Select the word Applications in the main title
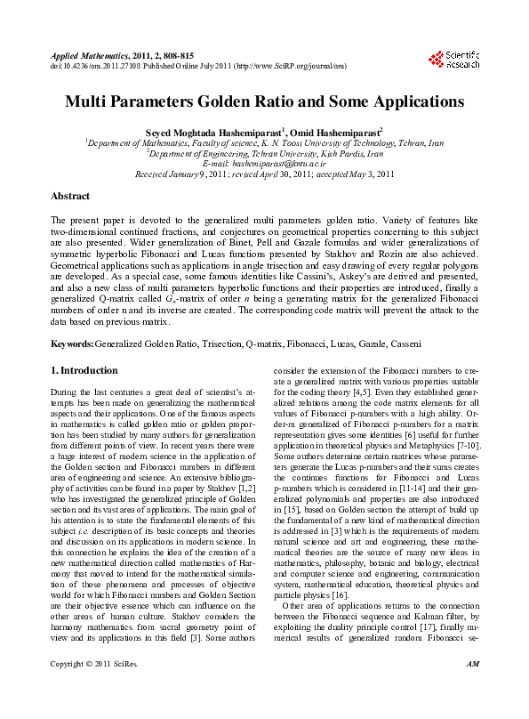click(x=413, y=102)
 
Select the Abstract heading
click(x=70, y=196)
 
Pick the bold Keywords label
click(x=72, y=343)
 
